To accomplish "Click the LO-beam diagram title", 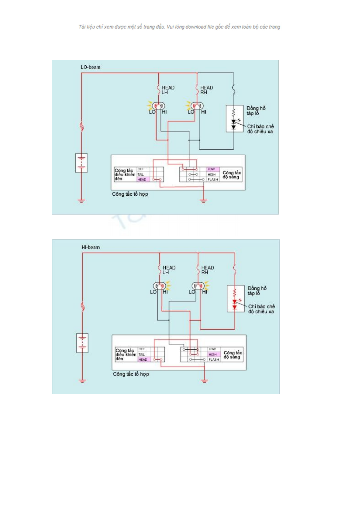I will coord(90,67).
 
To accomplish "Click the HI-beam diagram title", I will coord(91,247).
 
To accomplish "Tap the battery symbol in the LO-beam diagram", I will coord(81,163).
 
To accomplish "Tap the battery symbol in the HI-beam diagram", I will coord(82,343).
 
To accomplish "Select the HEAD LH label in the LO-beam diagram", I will coord(167,90).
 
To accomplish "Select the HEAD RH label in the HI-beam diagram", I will coord(207,270).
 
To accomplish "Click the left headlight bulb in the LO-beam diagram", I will coord(158,106).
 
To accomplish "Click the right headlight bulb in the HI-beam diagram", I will coord(198,286).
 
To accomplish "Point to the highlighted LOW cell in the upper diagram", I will coord(213,169).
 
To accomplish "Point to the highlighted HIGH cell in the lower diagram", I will coord(214,354).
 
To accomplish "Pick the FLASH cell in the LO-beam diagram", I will coord(213,180).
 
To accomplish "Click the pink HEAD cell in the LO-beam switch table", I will coord(143,180).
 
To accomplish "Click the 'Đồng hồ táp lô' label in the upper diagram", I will coord(256,111).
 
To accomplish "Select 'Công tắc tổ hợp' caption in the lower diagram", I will coord(131,374).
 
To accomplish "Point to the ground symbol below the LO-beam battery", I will coord(81,201).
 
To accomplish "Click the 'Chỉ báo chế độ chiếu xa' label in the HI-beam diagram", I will coord(261,309).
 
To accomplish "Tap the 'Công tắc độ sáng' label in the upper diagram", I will coord(232,175).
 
